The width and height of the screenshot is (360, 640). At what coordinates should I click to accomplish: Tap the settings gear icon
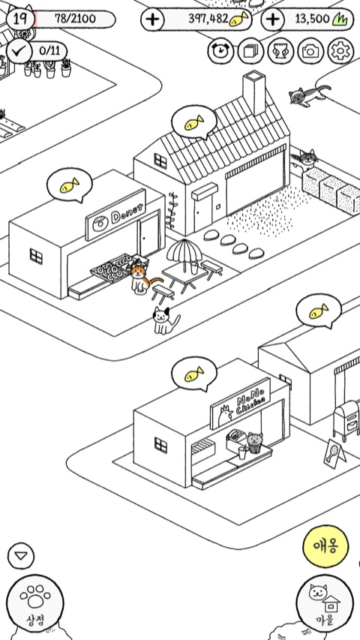(x=340, y=51)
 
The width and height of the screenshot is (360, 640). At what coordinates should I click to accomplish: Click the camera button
(x=310, y=51)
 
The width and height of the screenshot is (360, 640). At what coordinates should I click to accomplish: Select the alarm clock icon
(x=220, y=51)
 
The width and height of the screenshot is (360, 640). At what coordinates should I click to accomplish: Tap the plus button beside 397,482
(x=153, y=20)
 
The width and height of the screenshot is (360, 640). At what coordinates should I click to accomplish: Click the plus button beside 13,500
(x=273, y=20)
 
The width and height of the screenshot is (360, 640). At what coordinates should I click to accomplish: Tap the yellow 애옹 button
(x=325, y=546)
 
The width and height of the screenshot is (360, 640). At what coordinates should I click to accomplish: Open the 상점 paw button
(x=35, y=602)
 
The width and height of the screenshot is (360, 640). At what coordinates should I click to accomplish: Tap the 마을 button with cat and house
(x=325, y=602)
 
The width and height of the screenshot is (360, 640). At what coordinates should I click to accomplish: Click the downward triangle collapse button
(x=21, y=555)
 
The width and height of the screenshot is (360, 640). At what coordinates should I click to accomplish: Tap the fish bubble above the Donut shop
(x=70, y=185)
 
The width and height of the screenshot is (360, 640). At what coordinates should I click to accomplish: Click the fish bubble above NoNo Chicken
(x=194, y=374)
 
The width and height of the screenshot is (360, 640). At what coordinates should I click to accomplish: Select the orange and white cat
(x=142, y=278)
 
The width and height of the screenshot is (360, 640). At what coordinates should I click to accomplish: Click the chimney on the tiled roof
(x=254, y=92)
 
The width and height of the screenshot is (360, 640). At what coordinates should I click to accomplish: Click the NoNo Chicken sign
(x=241, y=403)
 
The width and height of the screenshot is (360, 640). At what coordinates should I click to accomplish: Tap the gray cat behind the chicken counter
(x=255, y=443)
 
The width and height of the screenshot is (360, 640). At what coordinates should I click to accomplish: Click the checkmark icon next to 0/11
(x=19, y=51)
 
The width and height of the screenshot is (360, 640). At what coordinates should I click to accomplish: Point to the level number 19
(x=20, y=19)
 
